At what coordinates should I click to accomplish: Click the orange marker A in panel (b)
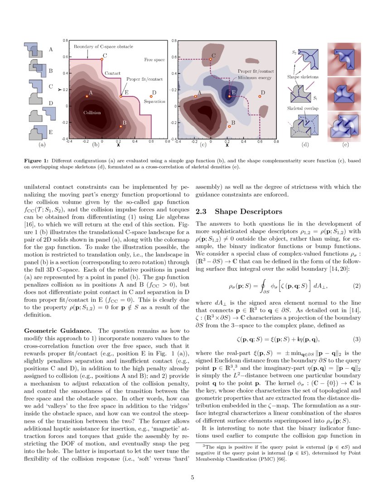(x=87, y=96)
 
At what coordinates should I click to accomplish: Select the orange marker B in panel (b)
(x=120, y=126)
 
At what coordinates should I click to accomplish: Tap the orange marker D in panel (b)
(x=151, y=96)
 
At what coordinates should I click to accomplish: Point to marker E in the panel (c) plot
(x=229, y=96)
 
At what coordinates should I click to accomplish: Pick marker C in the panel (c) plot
(x=211, y=59)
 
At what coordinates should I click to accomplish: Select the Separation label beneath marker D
(x=154, y=102)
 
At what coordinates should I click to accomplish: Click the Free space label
(x=154, y=59)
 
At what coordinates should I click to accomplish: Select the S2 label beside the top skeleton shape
(x=294, y=53)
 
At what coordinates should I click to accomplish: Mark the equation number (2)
(x=356, y=286)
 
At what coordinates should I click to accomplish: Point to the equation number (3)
(x=356, y=339)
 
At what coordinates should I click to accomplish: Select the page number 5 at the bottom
(x=192, y=476)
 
